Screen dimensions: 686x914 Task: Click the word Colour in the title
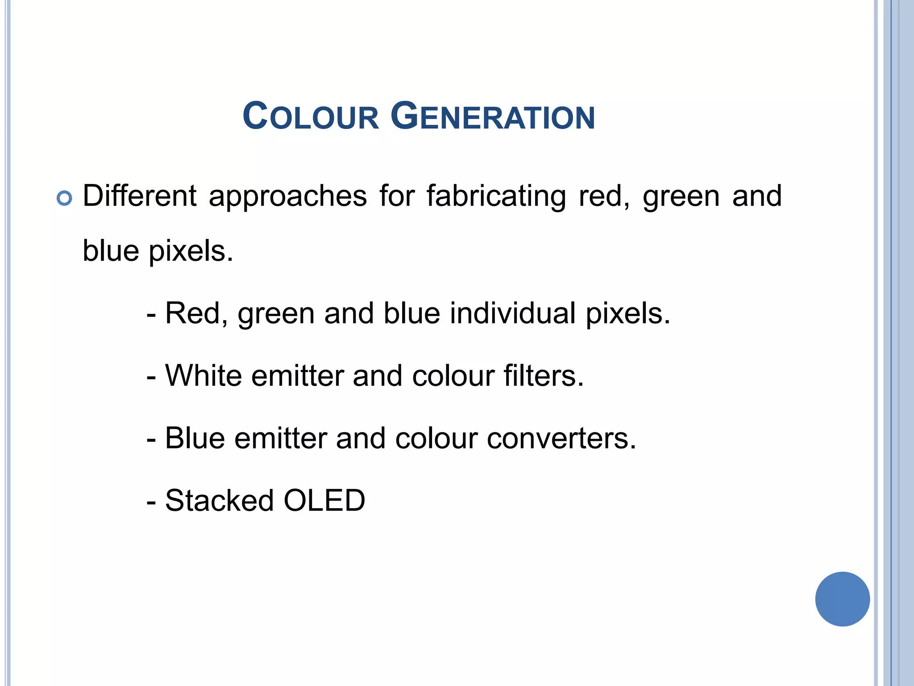(311, 117)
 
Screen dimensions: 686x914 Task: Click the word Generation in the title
(493, 117)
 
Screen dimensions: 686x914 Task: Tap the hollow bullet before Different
(64, 198)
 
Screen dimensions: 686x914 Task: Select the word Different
(140, 196)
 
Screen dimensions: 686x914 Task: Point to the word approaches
(288, 197)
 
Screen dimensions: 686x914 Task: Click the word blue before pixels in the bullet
(111, 251)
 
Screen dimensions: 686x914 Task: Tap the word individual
(512, 313)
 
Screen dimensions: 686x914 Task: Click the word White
(203, 376)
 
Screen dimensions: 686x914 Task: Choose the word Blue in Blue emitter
(195, 438)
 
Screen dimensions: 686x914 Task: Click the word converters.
(561, 439)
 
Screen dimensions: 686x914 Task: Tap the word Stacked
(219, 501)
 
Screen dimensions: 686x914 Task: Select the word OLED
(324, 501)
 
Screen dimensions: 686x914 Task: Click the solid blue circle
(842, 599)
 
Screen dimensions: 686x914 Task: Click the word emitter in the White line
(297, 376)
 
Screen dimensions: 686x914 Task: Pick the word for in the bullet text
(397, 196)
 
